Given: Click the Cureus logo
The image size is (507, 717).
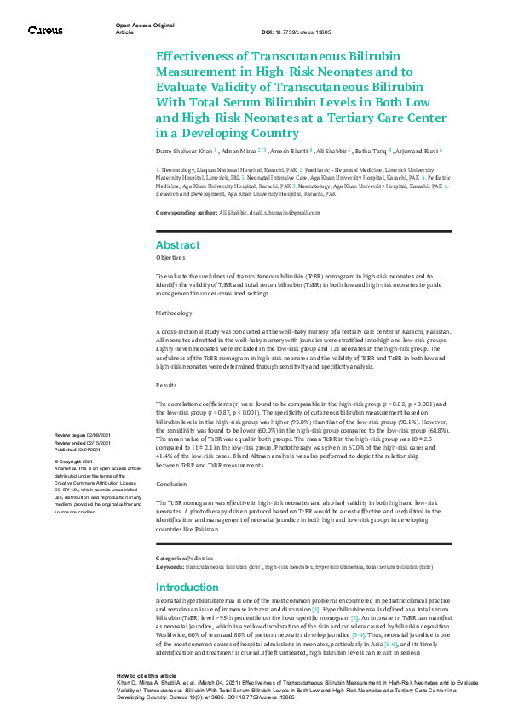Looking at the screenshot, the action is click(x=44, y=31).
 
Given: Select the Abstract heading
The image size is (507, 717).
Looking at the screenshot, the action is click(x=177, y=243).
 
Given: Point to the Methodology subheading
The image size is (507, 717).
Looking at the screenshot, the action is click(x=174, y=313).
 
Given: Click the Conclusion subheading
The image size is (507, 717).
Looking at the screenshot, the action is click(x=171, y=484).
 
